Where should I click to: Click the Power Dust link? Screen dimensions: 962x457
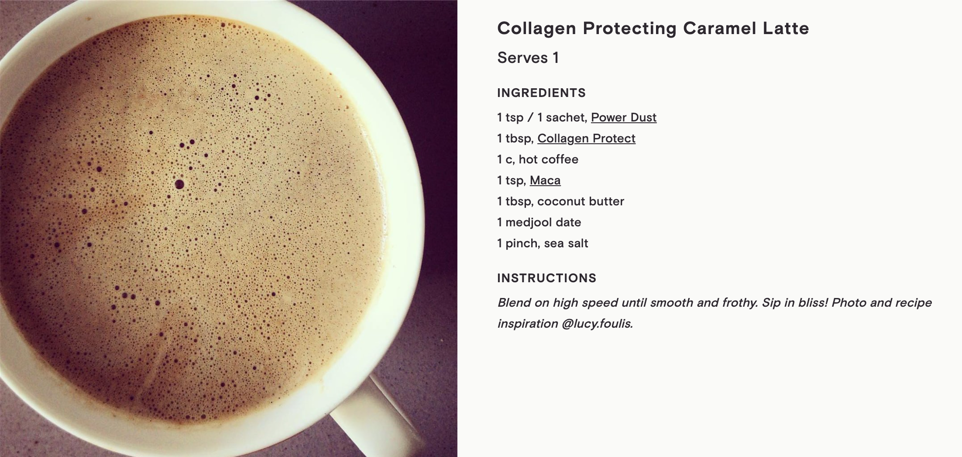coord(624,118)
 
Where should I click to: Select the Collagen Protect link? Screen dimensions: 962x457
coord(586,138)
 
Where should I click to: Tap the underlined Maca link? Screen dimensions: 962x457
coord(545,180)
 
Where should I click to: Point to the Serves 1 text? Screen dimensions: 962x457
coord(528,58)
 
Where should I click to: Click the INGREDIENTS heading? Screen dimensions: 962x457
coord(541,93)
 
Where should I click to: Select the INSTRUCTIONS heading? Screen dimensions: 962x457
coord(546,278)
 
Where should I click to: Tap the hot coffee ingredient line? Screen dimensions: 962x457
coord(538,159)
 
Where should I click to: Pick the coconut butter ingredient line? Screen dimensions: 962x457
coord(561,201)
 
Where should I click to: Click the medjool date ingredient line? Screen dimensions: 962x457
coord(539,222)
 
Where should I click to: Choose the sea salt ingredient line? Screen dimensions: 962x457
coord(543,243)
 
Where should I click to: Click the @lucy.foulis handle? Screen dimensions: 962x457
coord(597,324)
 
